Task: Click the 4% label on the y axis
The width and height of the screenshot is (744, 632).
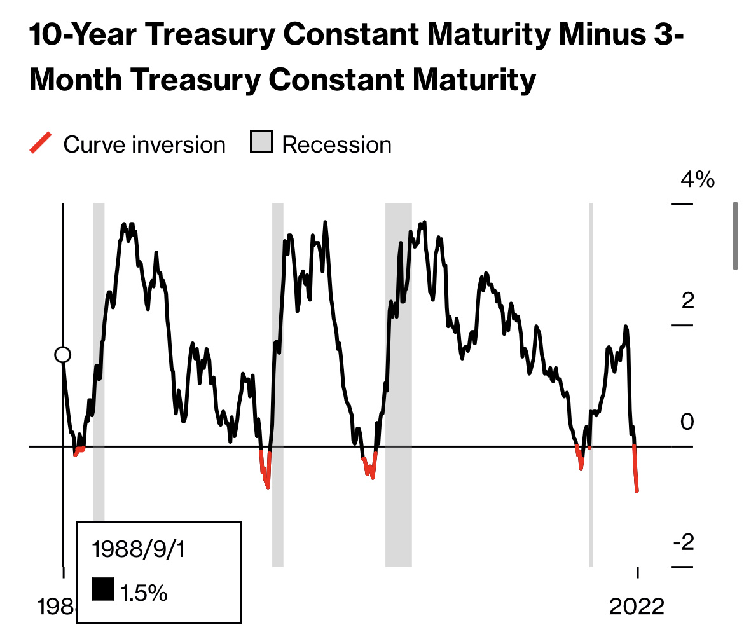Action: pyautogui.click(x=697, y=180)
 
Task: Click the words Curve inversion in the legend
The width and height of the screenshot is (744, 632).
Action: pyautogui.click(x=144, y=145)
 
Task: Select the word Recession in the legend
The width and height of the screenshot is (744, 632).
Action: pyautogui.click(x=336, y=145)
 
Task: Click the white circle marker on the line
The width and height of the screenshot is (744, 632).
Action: pyautogui.click(x=62, y=355)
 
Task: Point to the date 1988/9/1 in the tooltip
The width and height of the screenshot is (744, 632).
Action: pyautogui.click(x=138, y=549)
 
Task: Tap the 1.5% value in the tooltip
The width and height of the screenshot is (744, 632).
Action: pyautogui.click(x=144, y=593)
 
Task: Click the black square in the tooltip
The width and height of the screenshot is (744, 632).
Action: pyautogui.click(x=102, y=589)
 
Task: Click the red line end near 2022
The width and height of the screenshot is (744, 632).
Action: pyautogui.click(x=637, y=488)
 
